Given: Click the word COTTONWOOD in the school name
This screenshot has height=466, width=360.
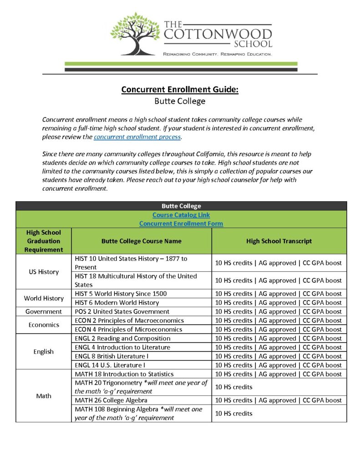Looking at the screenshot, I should tap(218, 34).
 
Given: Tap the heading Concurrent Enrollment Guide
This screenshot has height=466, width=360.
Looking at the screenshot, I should tap(180, 89).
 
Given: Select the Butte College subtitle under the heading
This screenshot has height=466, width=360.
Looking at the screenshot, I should tap(180, 101).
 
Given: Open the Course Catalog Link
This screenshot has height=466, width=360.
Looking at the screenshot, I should tap(181, 215).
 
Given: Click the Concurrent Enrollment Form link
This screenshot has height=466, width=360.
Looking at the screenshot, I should tap(181, 223).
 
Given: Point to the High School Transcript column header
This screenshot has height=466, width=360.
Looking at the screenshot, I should tap(279, 241).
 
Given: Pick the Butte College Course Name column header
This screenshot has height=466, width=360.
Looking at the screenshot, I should tap(141, 241).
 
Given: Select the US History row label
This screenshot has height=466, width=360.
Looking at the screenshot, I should tap(44, 272).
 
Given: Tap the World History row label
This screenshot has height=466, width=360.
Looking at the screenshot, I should tap(44, 298).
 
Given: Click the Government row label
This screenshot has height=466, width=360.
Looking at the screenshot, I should tap(44, 312).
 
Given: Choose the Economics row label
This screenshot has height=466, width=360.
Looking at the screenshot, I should tap(44, 325).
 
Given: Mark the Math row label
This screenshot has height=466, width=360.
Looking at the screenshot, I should tap(44, 396).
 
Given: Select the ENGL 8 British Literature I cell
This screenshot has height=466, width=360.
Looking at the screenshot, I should tap(112, 356).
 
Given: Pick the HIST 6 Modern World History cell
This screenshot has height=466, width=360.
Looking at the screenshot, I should tap(117, 303).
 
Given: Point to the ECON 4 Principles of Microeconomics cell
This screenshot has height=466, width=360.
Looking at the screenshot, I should tap(128, 329).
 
